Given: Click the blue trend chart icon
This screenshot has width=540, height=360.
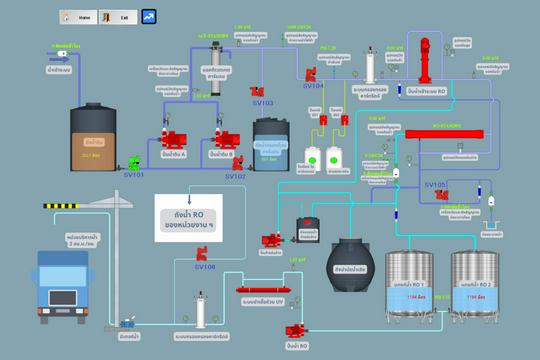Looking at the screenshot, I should [149, 17].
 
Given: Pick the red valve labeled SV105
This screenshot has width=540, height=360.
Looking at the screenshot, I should [440, 195].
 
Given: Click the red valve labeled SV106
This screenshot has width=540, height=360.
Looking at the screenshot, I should [203, 256].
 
